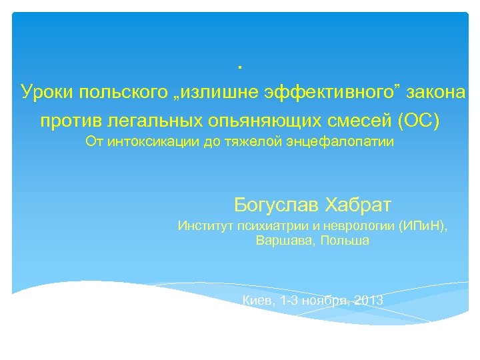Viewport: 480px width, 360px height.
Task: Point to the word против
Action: (71, 122)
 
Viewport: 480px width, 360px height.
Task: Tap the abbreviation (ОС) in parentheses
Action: (418, 122)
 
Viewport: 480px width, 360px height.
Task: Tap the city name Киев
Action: (259, 301)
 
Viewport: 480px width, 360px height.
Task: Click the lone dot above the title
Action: (239, 67)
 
